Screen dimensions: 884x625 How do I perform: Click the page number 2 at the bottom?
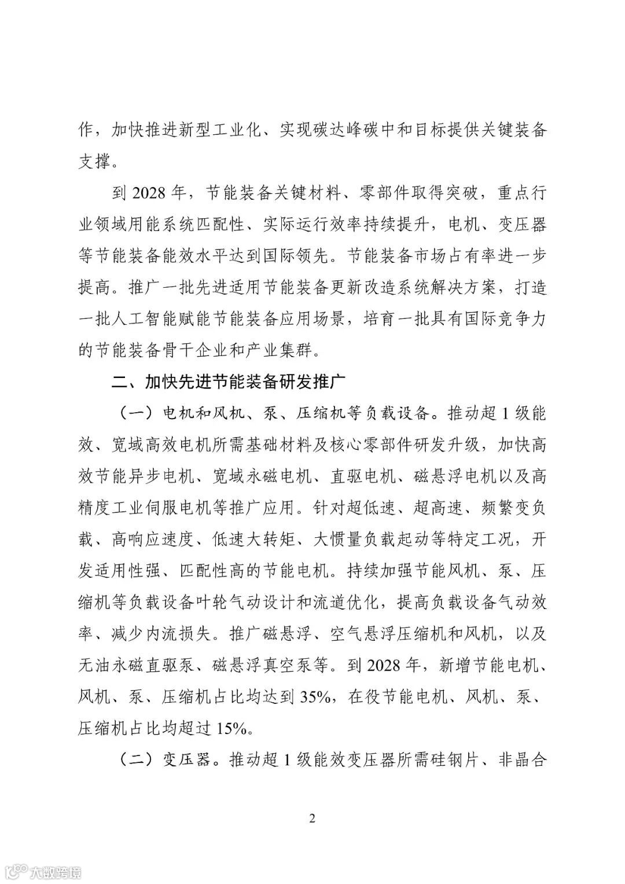312,818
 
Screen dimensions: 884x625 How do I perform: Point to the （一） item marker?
135,414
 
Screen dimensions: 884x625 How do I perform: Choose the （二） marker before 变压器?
135,760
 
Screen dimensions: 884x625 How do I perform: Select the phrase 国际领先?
303,256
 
